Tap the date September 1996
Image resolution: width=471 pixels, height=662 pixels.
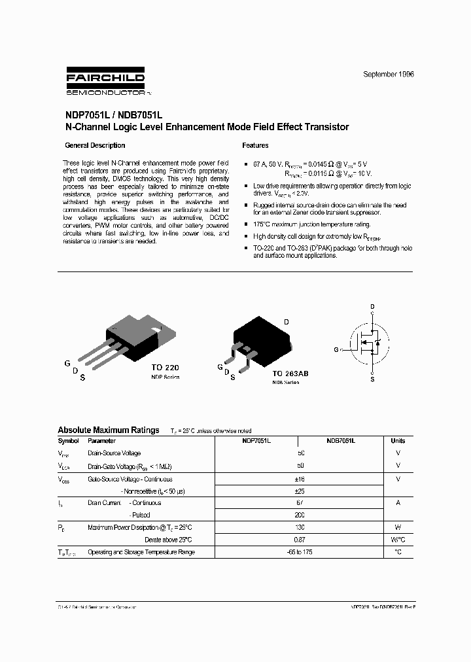coord(389,75)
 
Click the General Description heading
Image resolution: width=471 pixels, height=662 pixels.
coord(95,145)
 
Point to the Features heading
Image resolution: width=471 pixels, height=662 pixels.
coord(255,145)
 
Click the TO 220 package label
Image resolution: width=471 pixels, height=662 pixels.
coord(165,368)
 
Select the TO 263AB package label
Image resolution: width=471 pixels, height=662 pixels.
coord(290,373)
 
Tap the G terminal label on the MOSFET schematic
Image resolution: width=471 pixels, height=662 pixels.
coord(336,350)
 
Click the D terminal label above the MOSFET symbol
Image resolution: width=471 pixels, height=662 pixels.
coord(372,306)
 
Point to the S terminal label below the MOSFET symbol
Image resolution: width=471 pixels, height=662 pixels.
coord(372,379)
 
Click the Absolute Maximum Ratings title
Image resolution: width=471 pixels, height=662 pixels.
coord(109,430)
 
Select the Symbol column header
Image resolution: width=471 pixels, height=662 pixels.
coord(69,441)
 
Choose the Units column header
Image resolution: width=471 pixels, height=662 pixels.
coord(398,441)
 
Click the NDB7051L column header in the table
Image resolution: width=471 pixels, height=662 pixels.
coord(341,441)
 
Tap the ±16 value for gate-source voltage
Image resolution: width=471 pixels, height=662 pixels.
coord(300,478)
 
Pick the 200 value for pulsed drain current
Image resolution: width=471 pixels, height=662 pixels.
coord(300,515)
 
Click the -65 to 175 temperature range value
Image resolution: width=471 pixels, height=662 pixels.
coord(300,551)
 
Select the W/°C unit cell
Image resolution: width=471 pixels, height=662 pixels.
coord(398,539)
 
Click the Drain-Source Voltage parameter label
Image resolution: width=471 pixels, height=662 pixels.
coord(114,453)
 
